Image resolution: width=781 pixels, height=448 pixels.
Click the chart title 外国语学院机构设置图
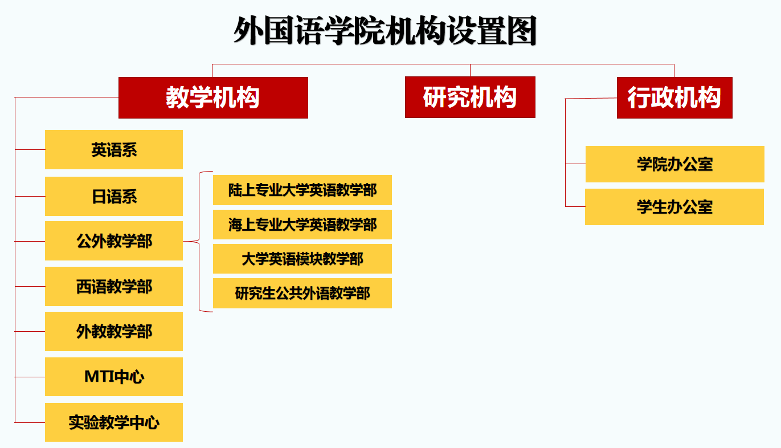click(x=385, y=31)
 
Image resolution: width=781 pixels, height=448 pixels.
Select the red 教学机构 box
click(x=214, y=97)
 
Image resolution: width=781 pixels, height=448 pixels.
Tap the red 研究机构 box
click(x=470, y=97)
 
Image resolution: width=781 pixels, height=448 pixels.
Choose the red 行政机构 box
click(x=674, y=97)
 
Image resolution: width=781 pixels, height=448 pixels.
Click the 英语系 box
click(x=114, y=150)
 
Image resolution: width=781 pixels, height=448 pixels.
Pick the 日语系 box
click(x=114, y=197)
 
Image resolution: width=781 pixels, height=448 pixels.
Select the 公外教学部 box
click(x=114, y=241)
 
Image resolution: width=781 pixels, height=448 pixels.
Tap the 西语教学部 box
click(x=114, y=287)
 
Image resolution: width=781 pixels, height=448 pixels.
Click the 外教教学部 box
click(x=114, y=332)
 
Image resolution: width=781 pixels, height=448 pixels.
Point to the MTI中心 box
click(x=114, y=377)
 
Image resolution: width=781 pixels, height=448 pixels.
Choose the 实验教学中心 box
click(x=114, y=422)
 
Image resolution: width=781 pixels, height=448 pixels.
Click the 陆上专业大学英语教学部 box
click(x=302, y=190)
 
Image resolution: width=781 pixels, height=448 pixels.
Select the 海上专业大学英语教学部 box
click(x=302, y=225)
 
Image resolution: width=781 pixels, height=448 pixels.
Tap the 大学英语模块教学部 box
click(x=302, y=259)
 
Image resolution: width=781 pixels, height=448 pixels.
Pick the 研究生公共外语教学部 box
click(x=302, y=294)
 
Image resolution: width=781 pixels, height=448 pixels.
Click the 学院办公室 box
click(x=675, y=164)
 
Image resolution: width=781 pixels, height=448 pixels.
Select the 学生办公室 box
click(x=674, y=207)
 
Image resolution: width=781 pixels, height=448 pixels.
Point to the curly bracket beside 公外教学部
click(x=199, y=242)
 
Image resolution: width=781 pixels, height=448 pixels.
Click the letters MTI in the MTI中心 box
click(x=99, y=377)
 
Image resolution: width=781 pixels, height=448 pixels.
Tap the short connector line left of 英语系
click(x=30, y=150)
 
